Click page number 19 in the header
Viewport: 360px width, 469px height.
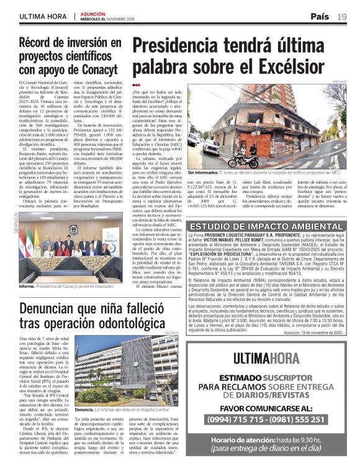(x=342, y=16)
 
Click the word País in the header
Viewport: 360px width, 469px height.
(x=320, y=16)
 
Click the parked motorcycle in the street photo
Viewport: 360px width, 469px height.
(x=242, y=159)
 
